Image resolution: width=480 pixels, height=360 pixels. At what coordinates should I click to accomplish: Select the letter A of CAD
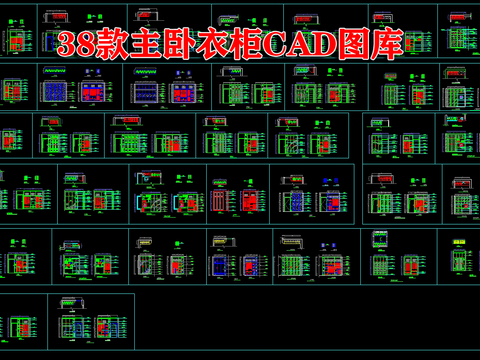(x=312, y=44)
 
